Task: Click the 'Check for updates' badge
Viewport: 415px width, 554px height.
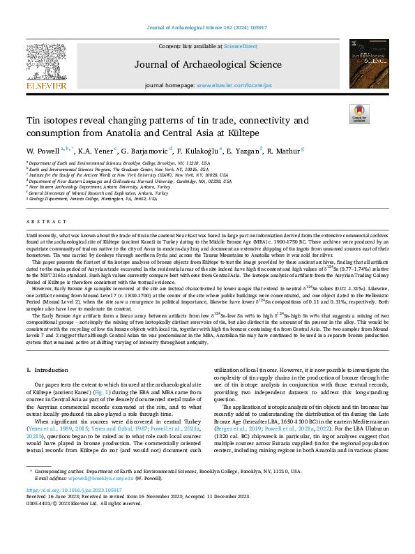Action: [359, 114]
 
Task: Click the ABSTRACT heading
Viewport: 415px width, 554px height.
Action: [42, 221]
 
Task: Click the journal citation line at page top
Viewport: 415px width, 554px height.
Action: [207, 27]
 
